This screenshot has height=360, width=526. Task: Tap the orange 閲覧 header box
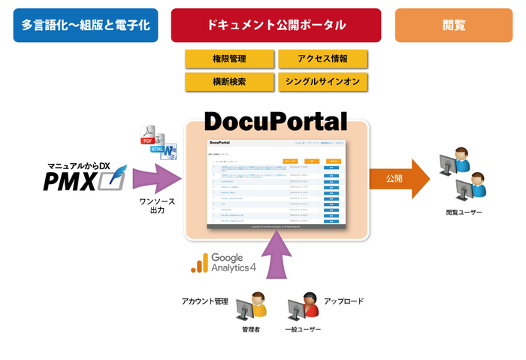454,25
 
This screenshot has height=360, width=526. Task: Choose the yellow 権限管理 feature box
229,59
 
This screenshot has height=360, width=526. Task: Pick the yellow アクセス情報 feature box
322,59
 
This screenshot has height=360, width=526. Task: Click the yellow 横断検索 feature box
229,81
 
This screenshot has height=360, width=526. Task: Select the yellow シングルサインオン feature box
322,81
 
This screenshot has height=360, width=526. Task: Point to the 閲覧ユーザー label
464,213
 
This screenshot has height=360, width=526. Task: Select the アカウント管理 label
204,301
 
